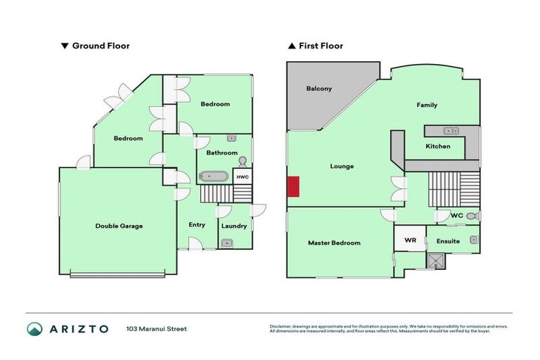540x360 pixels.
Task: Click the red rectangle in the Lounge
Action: click(293, 187)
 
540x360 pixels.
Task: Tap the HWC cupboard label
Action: click(242, 177)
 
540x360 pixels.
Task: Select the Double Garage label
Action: click(119, 226)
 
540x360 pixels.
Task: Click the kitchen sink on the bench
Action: click(450, 130)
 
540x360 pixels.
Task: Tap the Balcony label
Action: click(319, 89)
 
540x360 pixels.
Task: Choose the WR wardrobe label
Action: click(409, 240)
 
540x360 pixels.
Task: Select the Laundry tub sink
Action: click(227, 243)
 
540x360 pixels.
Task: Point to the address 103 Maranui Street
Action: click(157, 328)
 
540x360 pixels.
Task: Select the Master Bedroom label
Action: click(334, 243)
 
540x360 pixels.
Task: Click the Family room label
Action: click(427, 105)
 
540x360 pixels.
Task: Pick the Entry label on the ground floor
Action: click(197, 225)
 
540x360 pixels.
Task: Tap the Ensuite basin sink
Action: click(474, 240)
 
